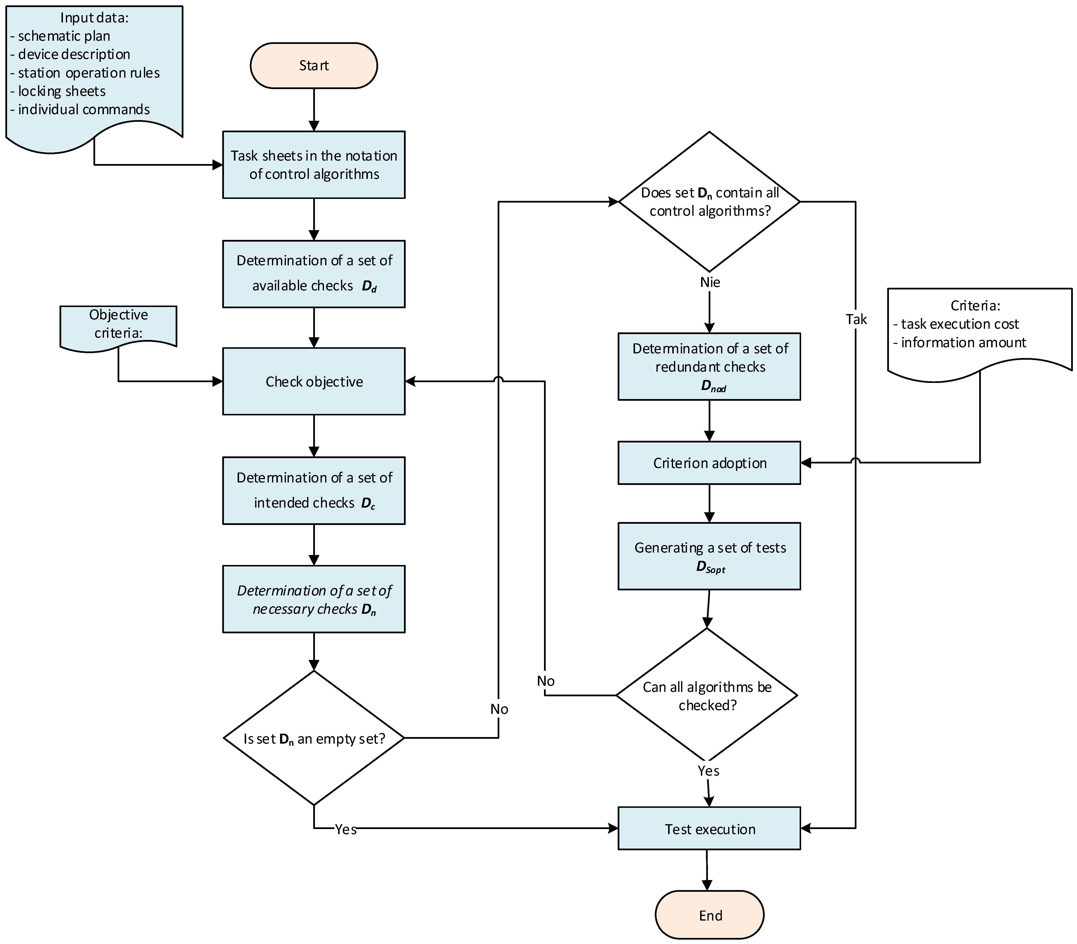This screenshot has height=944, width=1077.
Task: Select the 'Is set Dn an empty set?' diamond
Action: coord(314,738)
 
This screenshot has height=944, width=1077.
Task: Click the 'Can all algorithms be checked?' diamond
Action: coord(707,695)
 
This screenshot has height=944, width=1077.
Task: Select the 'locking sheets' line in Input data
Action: coord(62,91)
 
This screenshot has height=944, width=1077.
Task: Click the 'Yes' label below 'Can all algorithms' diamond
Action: coord(708,771)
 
